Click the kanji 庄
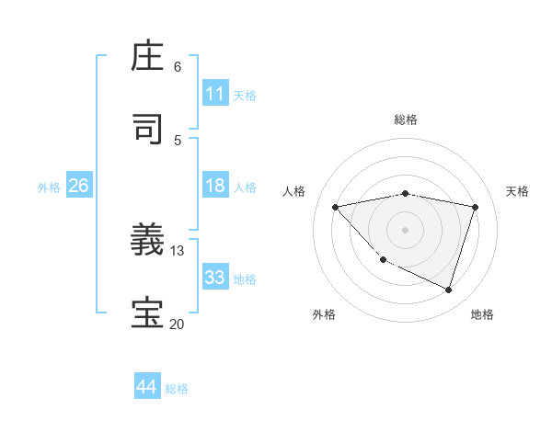coord(149,57)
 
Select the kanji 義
coord(149,242)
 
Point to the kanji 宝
coord(149,313)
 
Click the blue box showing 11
coord(215,94)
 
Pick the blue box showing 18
coord(215,186)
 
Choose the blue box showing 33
coord(215,278)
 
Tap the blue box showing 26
coord(78,186)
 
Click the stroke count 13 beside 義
coord(178,251)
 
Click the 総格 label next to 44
coord(177,389)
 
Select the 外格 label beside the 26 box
coord(49,188)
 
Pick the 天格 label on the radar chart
coord(517,191)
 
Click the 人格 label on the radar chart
coord(294,191)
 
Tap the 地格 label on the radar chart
coord(482,314)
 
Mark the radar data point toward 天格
coord(475,207)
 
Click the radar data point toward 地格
coord(448,290)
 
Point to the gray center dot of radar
coord(405,229)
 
